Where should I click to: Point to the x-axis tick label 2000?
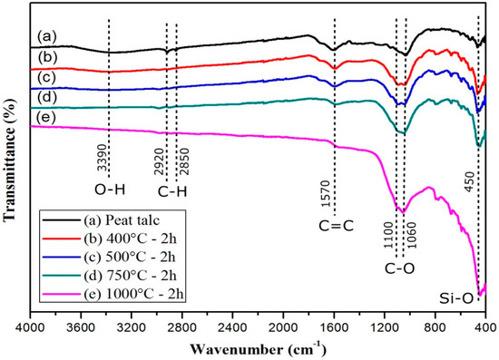point(283,324)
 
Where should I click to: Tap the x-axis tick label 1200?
point(384,324)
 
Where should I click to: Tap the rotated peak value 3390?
point(103,157)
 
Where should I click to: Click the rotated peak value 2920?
point(160,157)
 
